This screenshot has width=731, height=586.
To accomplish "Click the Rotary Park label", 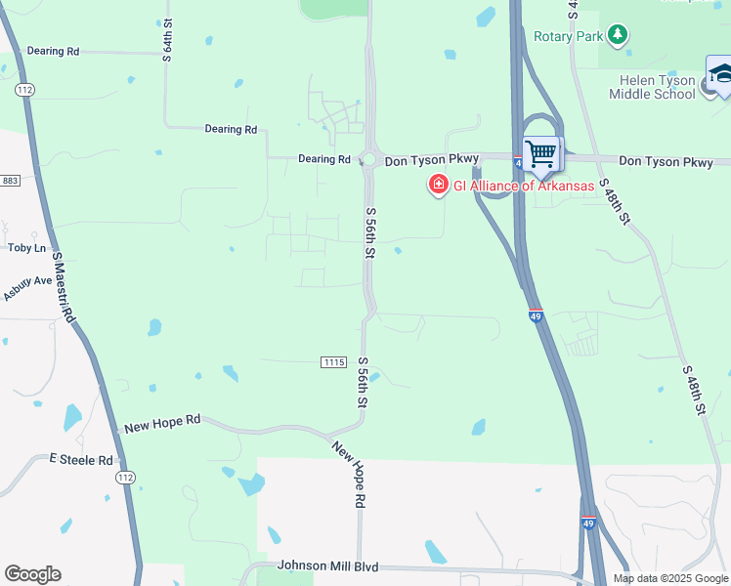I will (569, 37).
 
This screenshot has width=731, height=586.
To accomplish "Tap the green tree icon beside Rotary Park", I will (617, 36).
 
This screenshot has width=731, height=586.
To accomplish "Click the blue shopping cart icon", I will (539, 153).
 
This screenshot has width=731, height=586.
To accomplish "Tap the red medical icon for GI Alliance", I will (439, 185).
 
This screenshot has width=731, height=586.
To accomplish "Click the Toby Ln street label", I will (26, 248).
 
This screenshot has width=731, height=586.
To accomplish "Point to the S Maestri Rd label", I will (64, 288).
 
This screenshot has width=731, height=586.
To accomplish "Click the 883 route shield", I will (11, 181).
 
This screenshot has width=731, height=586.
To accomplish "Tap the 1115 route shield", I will (333, 362).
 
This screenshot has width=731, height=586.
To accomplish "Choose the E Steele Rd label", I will (82, 459).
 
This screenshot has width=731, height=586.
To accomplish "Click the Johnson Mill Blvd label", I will (327, 565).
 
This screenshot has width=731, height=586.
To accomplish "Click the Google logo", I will (32, 574).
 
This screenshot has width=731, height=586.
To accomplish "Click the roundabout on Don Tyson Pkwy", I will (369, 159).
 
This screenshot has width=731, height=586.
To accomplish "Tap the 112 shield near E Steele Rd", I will (125, 478).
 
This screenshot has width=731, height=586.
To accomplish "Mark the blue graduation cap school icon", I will (720, 75).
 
